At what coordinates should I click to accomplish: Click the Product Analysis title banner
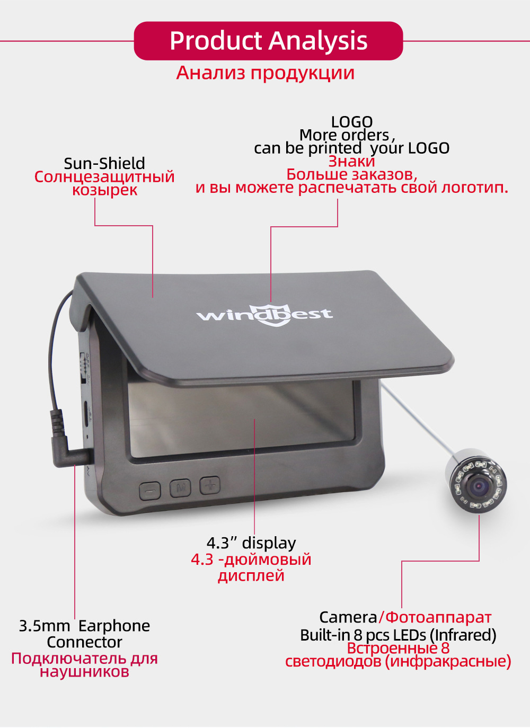pyautogui.click(x=268, y=41)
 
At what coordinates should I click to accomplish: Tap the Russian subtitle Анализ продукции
pyautogui.click(x=265, y=73)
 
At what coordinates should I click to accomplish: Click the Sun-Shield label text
pyautogui.click(x=104, y=163)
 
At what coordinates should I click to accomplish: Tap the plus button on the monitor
pyautogui.click(x=210, y=485)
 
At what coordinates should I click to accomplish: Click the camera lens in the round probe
pyautogui.click(x=480, y=485)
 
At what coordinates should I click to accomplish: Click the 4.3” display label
pyautogui.click(x=251, y=543)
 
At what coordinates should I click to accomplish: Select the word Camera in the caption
pyautogui.click(x=348, y=617)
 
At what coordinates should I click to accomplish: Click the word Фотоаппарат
pyautogui.click(x=438, y=617)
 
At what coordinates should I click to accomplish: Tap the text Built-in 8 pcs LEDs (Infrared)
pyautogui.click(x=398, y=635)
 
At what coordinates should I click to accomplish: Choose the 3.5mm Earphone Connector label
pyautogui.click(x=84, y=634)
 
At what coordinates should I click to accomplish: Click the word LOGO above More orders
pyautogui.click(x=352, y=122)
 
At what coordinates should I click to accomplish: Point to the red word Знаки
pyautogui.click(x=351, y=161)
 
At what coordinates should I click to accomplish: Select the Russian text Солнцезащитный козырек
pyautogui.click(x=104, y=183)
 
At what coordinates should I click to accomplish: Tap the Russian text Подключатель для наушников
pyautogui.click(x=84, y=665)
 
